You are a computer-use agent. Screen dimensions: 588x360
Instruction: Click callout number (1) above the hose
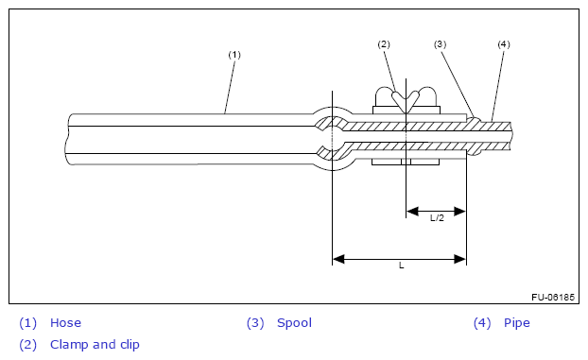point(234,55)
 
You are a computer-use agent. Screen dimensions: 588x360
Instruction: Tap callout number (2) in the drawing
point(384,44)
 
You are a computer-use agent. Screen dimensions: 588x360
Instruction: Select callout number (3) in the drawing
point(440,44)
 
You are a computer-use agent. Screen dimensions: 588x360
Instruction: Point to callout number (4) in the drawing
point(504,44)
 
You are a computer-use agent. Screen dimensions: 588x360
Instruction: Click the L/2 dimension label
point(437,218)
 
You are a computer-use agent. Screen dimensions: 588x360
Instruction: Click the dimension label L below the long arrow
point(401,266)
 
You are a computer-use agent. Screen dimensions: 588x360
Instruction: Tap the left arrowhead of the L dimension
point(338,259)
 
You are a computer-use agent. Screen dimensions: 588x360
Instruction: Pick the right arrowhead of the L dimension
point(459,259)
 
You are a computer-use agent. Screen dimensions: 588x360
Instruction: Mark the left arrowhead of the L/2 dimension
point(412,211)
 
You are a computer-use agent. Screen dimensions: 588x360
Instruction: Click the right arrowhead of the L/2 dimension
point(459,211)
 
